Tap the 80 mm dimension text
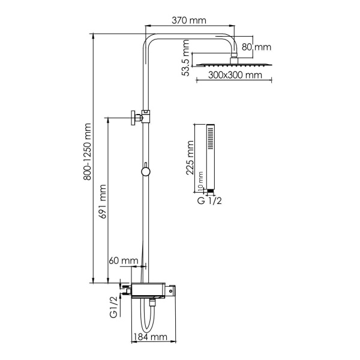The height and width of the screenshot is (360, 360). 256,46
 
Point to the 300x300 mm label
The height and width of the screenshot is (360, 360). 236,76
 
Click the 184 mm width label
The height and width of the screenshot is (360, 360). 150,337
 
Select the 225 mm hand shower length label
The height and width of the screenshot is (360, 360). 190,158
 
